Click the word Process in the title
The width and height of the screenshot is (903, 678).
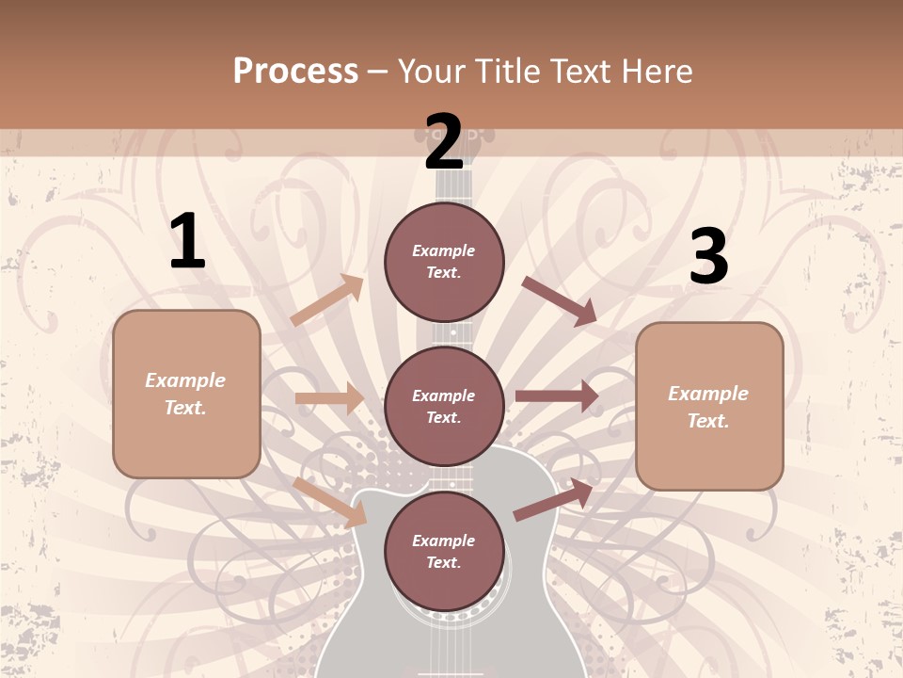pyautogui.click(x=295, y=72)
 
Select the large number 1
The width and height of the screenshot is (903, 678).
pyautogui.click(x=187, y=242)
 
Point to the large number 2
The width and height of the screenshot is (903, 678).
pyautogui.click(x=444, y=142)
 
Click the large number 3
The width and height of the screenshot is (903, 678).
pyautogui.click(x=708, y=257)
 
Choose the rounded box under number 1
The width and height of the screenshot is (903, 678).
pyautogui.click(x=186, y=394)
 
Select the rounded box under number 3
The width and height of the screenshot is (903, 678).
pyautogui.click(x=709, y=406)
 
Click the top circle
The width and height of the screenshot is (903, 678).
pyautogui.click(x=444, y=262)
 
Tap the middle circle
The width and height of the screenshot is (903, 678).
pyautogui.click(x=444, y=407)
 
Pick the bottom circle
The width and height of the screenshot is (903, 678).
pyautogui.click(x=444, y=552)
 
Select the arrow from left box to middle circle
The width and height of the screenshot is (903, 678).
pyautogui.click(x=330, y=398)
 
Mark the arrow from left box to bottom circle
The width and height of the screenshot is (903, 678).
pyautogui.click(x=330, y=502)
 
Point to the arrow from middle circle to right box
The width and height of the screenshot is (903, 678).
pyautogui.click(x=556, y=395)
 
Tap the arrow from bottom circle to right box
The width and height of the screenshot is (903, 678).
pyautogui.click(x=553, y=499)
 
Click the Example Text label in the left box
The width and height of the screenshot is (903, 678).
pyautogui.click(x=186, y=394)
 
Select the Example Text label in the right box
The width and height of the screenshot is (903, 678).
pyautogui.click(x=709, y=406)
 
